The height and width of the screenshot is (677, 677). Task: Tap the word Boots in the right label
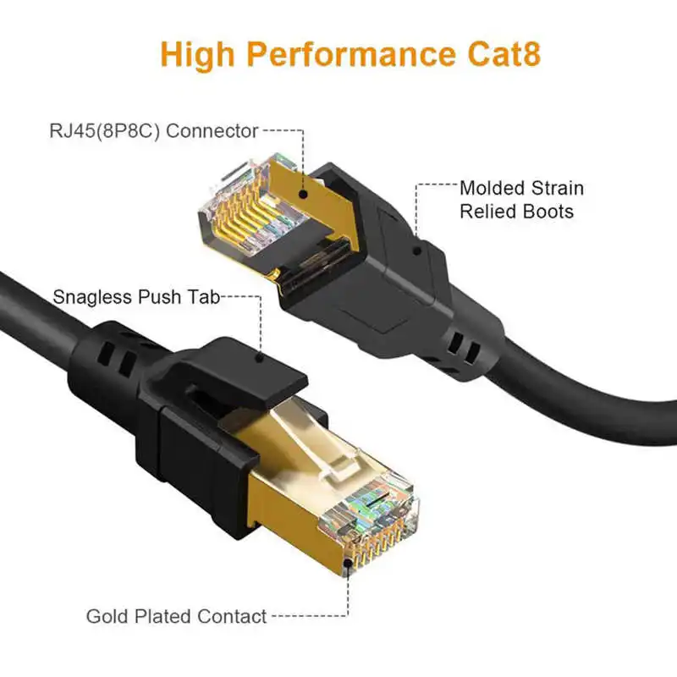tap(546, 211)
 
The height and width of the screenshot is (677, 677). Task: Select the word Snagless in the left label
tap(91, 297)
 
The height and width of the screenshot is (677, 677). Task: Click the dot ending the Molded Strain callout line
tap(416, 251)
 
